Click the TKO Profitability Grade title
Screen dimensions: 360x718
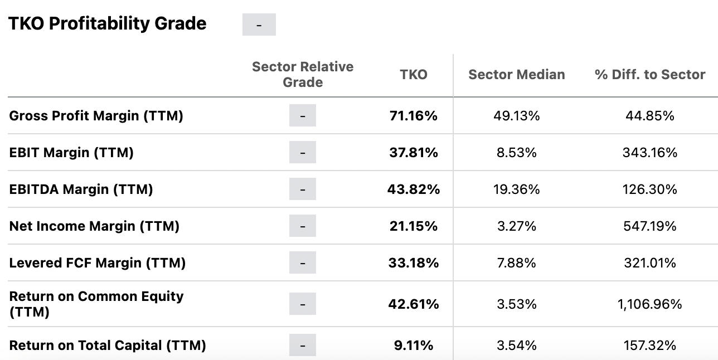(108, 24)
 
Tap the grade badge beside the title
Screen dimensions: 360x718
(259, 25)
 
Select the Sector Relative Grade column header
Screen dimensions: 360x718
(303, 75)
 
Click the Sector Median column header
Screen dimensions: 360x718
(516, 75)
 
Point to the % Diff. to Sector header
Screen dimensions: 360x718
(650, 75)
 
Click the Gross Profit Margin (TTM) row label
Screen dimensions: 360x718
(96, 116)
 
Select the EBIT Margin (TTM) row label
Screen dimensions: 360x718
(71, 153)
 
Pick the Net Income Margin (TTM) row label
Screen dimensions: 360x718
(94, 226)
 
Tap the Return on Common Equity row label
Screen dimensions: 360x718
(96, 304)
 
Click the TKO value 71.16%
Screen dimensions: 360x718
(414, 116)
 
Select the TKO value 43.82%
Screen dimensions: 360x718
(414, 189)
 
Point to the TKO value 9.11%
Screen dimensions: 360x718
(414, 346)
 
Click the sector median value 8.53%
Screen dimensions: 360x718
(516, 153)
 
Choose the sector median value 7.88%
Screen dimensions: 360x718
(516, 263)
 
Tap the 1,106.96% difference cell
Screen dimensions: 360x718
(650, 304)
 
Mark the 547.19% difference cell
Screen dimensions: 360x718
(650, 226)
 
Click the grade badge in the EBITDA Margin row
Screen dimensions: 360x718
(302, 189)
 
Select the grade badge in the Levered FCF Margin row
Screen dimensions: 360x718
(302, 263)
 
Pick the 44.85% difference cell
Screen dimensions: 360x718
(650, 116)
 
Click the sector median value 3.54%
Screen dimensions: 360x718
(516, 346)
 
